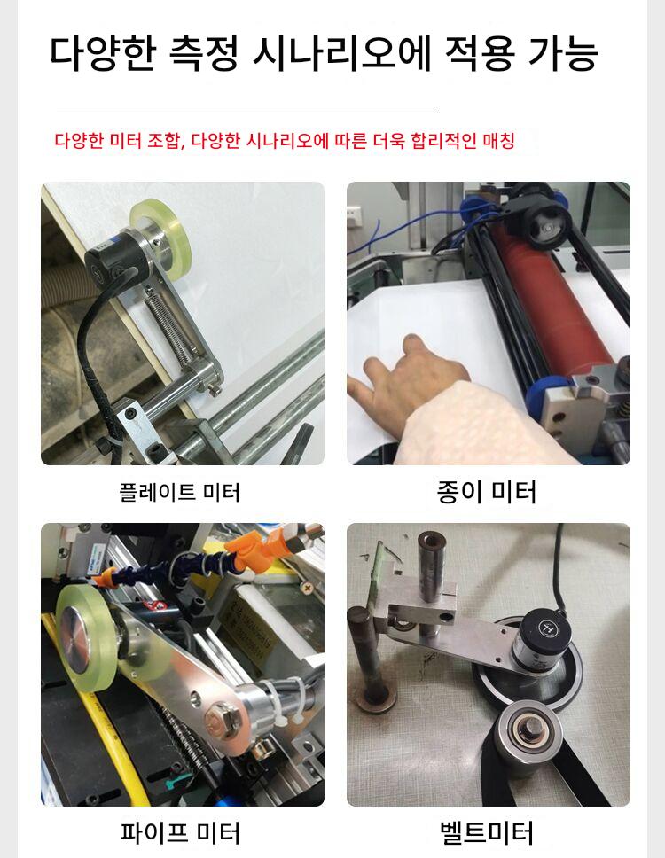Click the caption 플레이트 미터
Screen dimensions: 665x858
point(179,492)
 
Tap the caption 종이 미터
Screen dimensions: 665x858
point(486,491)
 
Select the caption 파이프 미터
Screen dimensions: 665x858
point(180,832)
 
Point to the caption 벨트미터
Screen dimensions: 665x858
point(487,832)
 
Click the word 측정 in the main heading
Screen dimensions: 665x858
point(204,53)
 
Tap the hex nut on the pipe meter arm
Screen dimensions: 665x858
point(221,719)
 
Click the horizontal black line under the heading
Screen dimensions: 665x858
point(246,113)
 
